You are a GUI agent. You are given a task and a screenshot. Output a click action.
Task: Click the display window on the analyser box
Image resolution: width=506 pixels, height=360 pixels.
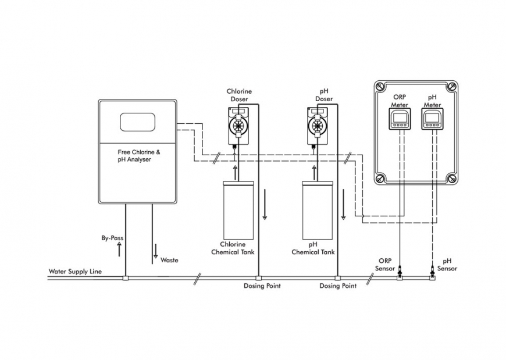click(x=138, y=123)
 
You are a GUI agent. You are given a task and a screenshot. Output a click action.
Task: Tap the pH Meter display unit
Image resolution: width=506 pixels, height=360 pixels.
click(x=432, y=119)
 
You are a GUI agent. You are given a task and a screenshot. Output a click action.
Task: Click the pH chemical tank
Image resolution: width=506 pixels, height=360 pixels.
click(x=317, y=209)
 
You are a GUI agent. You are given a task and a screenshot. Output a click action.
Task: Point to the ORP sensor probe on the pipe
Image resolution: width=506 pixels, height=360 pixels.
click(x=400, y=271)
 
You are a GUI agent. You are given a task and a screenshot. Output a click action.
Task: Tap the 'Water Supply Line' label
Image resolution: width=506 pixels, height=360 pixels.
click(x=71, y=272)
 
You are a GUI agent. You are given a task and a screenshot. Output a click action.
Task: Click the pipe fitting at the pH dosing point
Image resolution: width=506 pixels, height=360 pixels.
click(x=337, y=278)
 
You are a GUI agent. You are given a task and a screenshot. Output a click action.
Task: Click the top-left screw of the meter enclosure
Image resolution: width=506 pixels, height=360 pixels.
click(x=380, y=87)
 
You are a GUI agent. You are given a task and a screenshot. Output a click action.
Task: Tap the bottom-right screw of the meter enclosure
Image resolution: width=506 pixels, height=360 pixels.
click(x=450, y=177)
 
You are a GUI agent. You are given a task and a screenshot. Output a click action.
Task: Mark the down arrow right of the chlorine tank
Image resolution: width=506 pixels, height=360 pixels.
click(x=264, y=211)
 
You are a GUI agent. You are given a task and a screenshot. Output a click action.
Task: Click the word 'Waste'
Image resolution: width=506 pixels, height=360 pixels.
click(x=169, y=260)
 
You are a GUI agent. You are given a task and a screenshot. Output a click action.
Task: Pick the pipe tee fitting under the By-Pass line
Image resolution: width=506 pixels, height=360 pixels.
click(x=125, y=278)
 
